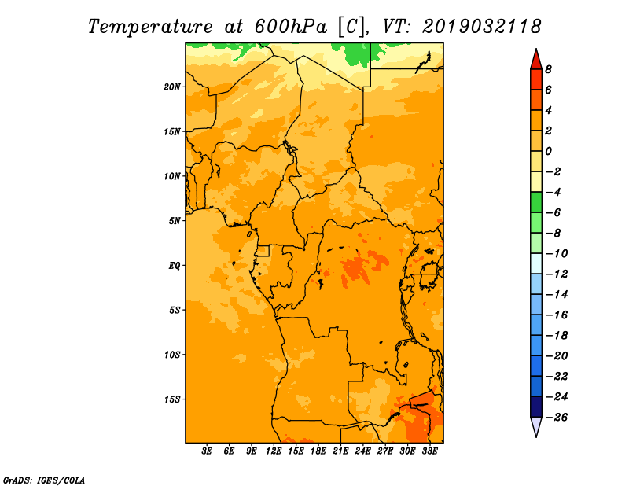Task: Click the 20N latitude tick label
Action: [x=171, y=87]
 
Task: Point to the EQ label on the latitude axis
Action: [x=174, y=266]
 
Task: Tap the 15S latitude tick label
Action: [x=171, y=399]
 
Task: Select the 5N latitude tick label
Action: [x=174, y=221]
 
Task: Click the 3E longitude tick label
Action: [x=207, y=451]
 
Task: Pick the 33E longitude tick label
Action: [x=429, y=451]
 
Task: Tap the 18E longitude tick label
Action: [x=318, y=451]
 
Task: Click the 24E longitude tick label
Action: [x=362, y=451]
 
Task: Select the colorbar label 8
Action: [x=548, y=69]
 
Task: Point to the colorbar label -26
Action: [x=557, y=418]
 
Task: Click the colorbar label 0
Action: [x=548, y=151]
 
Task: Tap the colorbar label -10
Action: [x=557, y=254]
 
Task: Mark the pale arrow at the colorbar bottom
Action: [x=536, y=426]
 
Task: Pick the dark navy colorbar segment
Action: [x=536, y=407]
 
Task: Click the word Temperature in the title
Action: [x=150, y=27]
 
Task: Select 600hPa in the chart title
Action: [x=291, y=27]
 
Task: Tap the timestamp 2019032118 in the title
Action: [x=482, y=27]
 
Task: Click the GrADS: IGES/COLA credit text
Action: [x=44, y=480]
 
